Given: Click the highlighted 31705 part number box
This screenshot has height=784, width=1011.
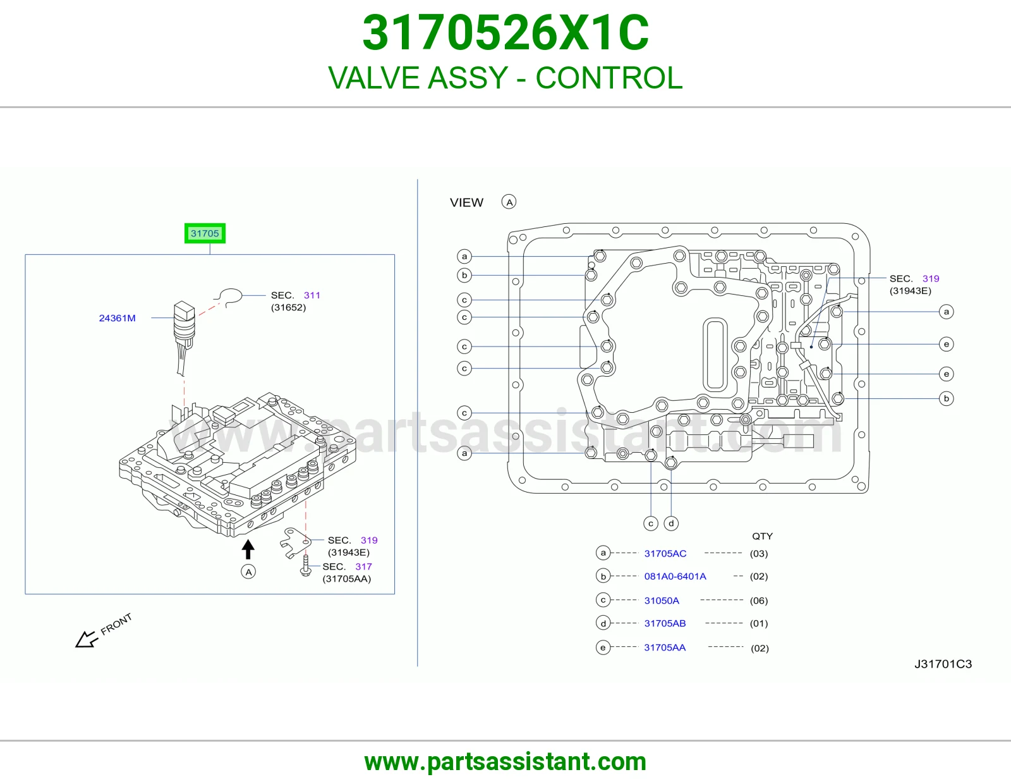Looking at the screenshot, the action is [x=205, y=233].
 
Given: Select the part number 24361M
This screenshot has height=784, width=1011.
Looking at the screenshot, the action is [x=118, y=318].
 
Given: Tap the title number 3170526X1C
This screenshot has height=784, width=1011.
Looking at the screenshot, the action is [x=505, y=32].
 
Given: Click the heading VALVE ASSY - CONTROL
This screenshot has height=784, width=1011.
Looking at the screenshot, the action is [x=505, y=78].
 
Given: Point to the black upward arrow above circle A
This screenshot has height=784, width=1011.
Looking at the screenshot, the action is [x=248, y=549].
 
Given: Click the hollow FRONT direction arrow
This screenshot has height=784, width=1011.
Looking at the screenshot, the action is [x=87, y=639].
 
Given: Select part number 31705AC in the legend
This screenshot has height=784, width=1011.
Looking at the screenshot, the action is [x=665, y=554].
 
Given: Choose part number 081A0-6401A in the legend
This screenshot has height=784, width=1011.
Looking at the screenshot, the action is [x=675, y=577].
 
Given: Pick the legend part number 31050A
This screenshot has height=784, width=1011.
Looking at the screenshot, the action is [x=662, y=601].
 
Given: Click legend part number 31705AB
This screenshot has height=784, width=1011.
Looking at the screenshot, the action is [x=665, y=623].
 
